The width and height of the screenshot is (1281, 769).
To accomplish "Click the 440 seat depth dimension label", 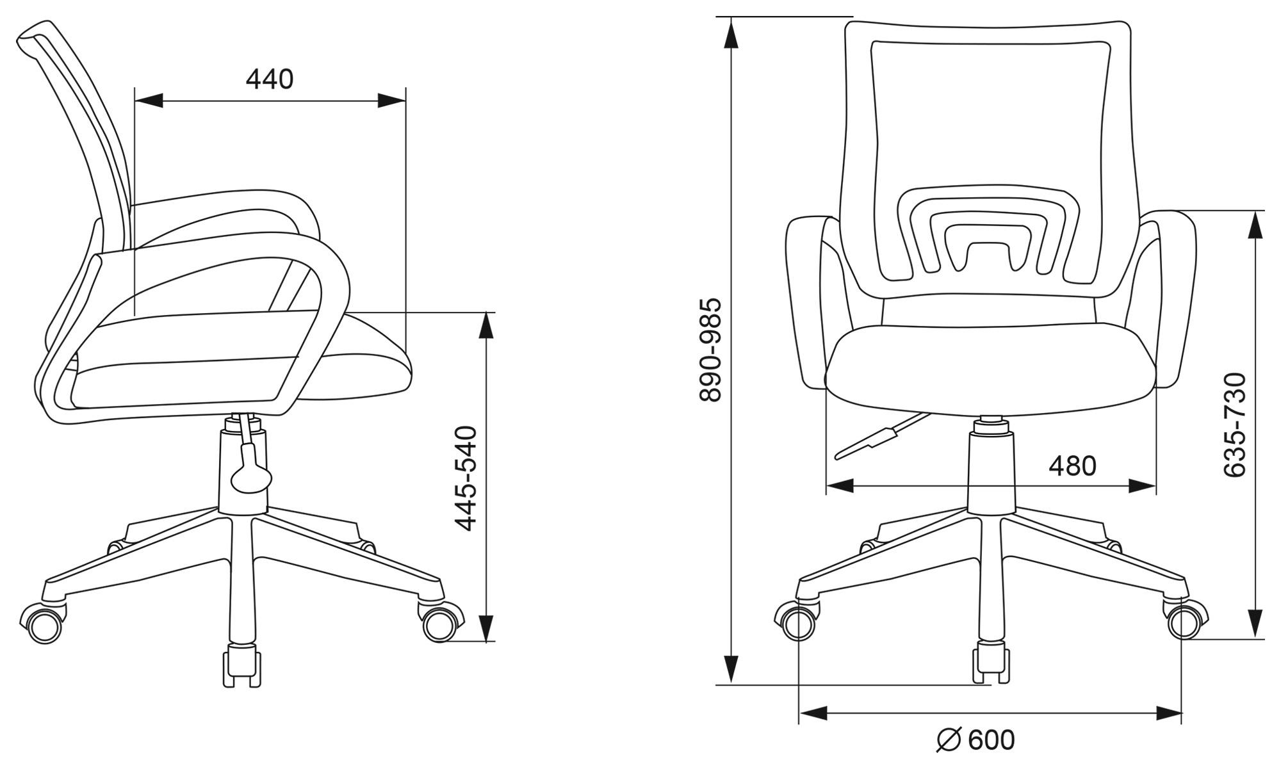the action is point(270,79).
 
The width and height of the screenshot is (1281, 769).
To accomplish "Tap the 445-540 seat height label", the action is point(466,478).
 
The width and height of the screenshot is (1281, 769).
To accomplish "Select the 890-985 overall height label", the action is point(710,350).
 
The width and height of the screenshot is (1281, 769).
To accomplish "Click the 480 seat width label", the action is point(1072,466).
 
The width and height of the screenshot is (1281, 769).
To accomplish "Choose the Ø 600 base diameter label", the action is point(975,740).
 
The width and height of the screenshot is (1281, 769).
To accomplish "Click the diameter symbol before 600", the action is point(949,740).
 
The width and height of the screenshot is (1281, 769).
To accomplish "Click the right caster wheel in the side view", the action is point(442,622).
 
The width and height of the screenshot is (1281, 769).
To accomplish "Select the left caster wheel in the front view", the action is point(797,621).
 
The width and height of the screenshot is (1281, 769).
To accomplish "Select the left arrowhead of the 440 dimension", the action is point(149,101).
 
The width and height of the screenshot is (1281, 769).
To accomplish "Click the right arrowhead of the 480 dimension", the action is point(1142,486).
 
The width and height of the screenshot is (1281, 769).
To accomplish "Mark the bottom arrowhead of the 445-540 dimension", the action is point(487,627).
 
